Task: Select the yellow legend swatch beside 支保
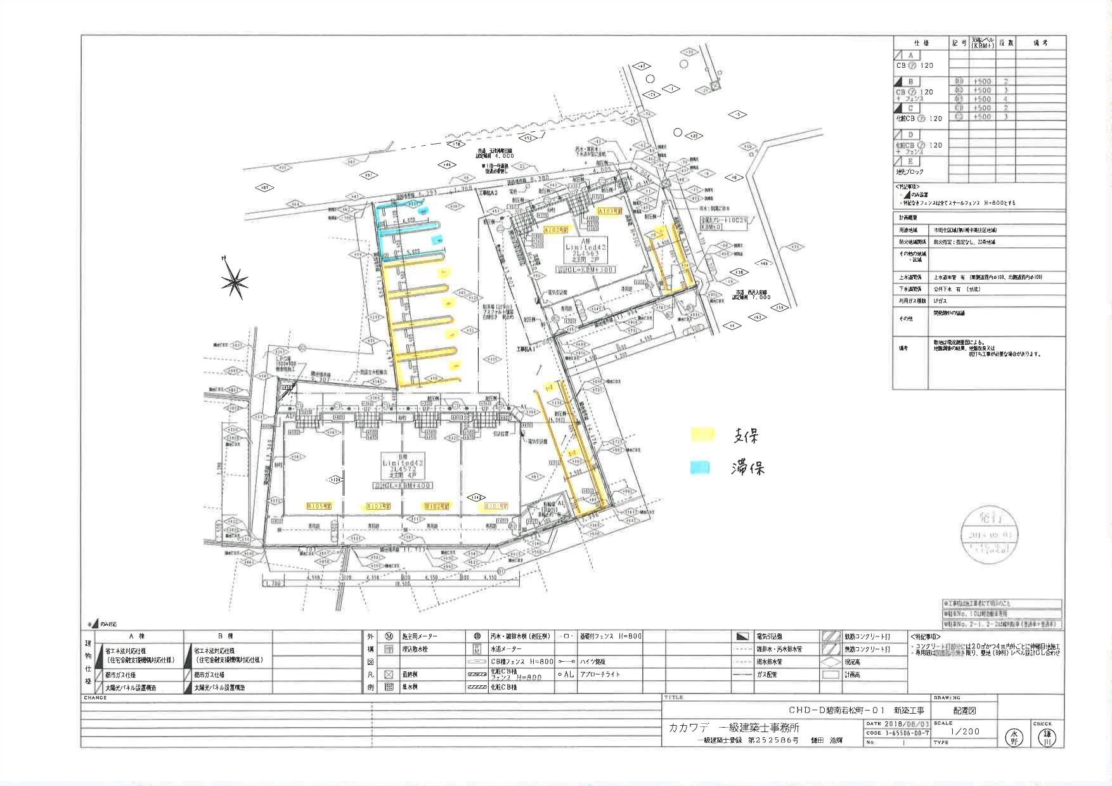[702, 435]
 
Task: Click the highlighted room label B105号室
[319, 506]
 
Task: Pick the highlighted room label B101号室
[496, 506]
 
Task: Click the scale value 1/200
[965, 731]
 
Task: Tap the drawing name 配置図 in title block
[965, 711]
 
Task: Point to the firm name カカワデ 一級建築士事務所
[734, 728]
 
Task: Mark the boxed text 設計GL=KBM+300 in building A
[585, 269]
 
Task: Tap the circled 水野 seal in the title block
[1014, 737]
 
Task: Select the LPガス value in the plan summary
[940, 300]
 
